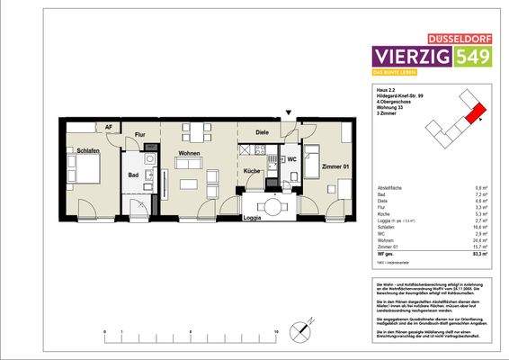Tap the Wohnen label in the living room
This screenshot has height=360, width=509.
point(188,154)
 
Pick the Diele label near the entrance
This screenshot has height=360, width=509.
point(262,133)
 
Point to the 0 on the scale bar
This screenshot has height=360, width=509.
point(106,332)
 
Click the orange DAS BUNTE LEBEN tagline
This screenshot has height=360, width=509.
point(396,72)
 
